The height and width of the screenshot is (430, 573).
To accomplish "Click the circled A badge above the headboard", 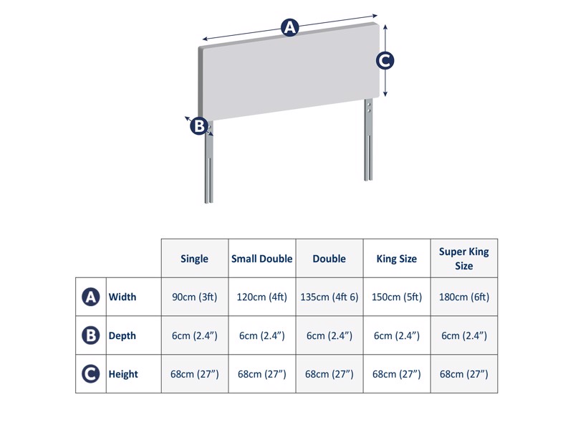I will pyautogui.click(x=289, y=28).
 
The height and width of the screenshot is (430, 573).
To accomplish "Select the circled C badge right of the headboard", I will pyautogui.click(x=385, y=61).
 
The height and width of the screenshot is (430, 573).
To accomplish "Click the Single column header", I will pyautogui.click(x=195, y=259).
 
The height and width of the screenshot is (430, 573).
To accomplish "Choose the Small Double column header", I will pyautogui.click(x=261, y=259).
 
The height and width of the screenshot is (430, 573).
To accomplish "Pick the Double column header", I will pyautogui.click(x=329, y=259).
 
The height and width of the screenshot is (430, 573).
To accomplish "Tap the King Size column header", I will pyautogui.click(x=396, y=259).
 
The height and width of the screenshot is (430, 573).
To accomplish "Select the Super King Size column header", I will pyautogui.click(x=463, y=259).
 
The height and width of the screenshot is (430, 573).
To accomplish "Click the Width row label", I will pyautogui.click(x=122, y=297).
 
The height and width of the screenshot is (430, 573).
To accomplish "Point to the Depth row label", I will pyautogui.click(x=122, y=335).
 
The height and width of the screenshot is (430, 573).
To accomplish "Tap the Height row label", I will pyautogui.click(x=123, y=374).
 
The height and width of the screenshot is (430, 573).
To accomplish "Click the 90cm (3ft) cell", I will pyautogui.click(x=195, y=297).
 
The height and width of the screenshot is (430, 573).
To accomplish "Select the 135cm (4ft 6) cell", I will pyautogui.click(x=329, y=297).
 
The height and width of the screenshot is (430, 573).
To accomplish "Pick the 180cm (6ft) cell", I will pyautogui.click(x=463, y=297).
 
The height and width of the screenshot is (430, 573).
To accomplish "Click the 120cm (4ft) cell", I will pyautogui.click(x=261, y=297).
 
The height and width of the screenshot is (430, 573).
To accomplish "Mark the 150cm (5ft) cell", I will pyautogui.click(x=396, y=297).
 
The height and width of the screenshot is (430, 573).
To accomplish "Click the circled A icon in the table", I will pyautogui.click(x=91, y=297).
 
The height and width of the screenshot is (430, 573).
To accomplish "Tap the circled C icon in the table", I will pyautogui.click(x=91, y=374).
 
